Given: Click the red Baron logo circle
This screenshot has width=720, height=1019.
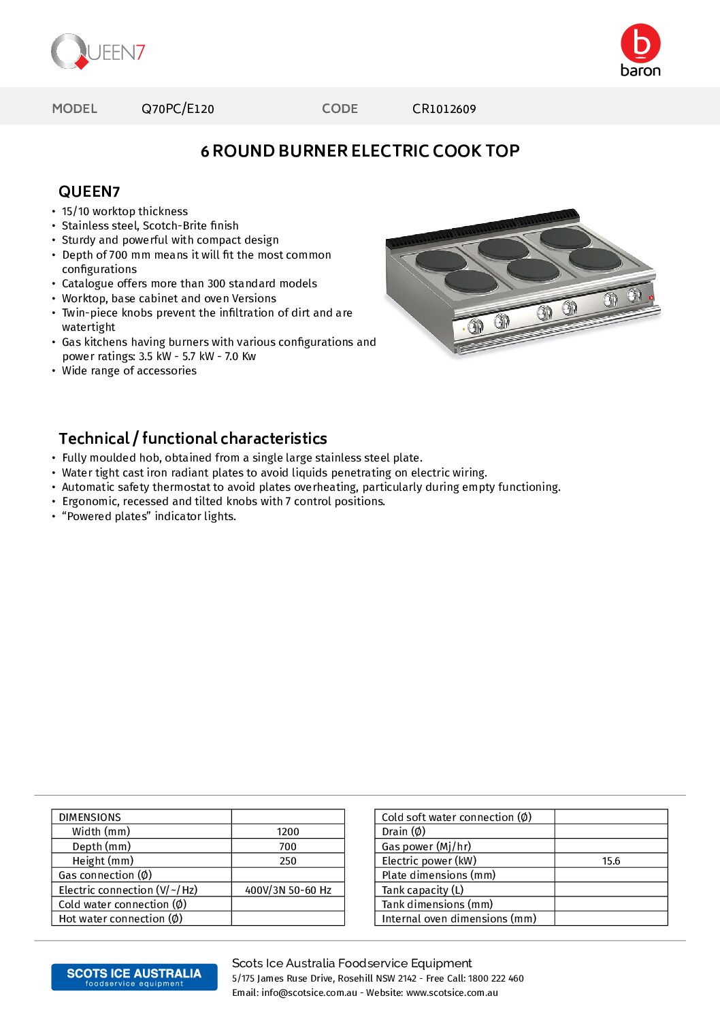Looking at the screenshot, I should (640, 44).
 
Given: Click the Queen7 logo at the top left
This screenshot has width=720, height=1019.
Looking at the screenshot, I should (98, 52).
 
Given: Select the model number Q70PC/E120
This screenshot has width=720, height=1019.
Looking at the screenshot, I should (178, 109).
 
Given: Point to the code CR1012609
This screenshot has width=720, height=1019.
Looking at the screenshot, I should (444, 109).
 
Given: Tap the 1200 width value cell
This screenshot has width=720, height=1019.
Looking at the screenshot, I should (288, 832).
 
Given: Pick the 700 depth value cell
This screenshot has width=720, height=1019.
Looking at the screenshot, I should (288, 847).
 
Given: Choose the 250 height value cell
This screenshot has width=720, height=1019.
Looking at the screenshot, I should (288, 861).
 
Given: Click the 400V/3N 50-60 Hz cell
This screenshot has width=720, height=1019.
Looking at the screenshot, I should (288, 890).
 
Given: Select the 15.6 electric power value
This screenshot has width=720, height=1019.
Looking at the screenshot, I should (611, 861).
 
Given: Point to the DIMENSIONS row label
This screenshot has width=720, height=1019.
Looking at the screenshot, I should (90, 818).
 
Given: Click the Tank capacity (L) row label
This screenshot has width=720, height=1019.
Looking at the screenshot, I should (423, 890).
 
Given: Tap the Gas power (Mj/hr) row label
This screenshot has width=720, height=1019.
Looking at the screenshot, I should (426, 847).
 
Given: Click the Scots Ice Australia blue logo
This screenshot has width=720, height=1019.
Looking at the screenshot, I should (134, 977).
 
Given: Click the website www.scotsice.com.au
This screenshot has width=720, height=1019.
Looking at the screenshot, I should (452, 993).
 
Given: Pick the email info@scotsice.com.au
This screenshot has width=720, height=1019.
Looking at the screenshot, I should (309, 993).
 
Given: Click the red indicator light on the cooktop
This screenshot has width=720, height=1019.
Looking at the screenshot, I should (651, 297).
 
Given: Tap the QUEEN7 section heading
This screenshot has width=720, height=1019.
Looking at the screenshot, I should (89, 192).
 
